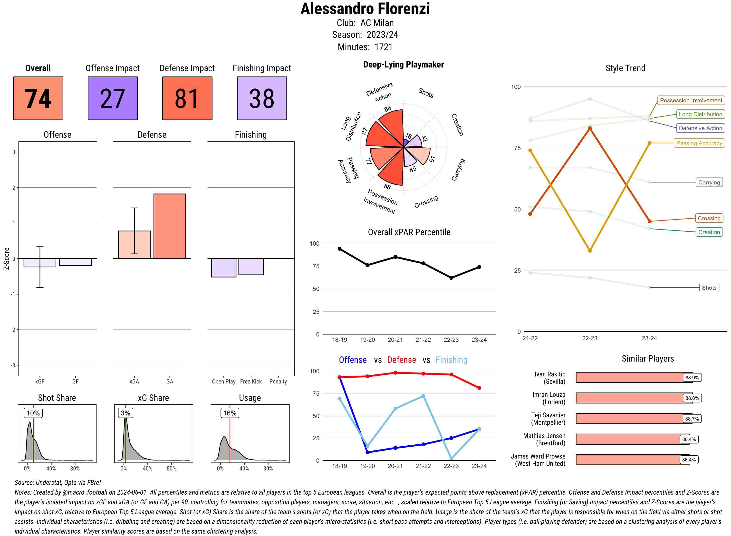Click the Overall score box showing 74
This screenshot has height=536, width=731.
pos(38,98)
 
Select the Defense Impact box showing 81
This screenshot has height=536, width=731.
pos(187,98)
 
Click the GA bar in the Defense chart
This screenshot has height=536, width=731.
pos(170,226)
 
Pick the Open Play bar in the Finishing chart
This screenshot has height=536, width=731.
pos(223,268)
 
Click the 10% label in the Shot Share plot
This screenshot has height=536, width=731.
pos(33,413)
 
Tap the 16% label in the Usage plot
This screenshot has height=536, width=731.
pos(230,413)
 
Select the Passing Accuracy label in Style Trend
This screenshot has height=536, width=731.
pos(699,143)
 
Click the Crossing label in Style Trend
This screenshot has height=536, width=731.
pos(709,218)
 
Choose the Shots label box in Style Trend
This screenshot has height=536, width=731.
pos(709,287)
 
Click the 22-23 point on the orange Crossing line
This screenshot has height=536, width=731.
pos(589,128)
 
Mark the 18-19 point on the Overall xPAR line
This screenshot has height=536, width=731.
pos(339,249)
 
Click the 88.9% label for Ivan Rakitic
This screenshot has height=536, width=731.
pos(692,378)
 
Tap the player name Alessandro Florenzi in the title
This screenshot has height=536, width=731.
pos(365,9)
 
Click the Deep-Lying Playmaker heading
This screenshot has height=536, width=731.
pos(403,65)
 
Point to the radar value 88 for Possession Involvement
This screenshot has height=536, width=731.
pos(387,187)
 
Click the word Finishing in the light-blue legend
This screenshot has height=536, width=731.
pos(451,360)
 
